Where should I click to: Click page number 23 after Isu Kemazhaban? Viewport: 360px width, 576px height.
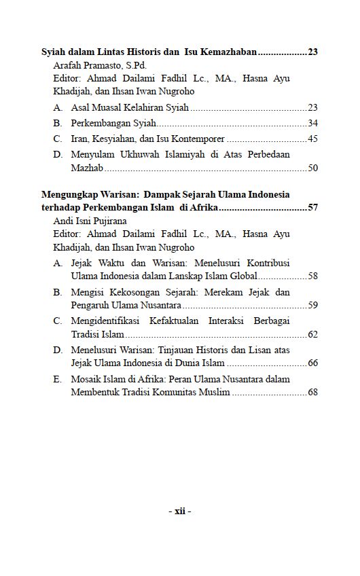click(312, 52)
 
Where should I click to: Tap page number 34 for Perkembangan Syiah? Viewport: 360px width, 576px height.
click(312, 123)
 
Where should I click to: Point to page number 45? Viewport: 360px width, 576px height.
click(312, 139)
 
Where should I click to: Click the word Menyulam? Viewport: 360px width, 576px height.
click(91, 154)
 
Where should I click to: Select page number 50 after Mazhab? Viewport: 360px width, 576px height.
click(312, 167)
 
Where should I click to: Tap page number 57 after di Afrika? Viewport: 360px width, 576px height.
click(312, 207)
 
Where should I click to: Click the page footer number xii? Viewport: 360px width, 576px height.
click(180, 511)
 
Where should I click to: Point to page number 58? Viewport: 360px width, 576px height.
click(312, 276)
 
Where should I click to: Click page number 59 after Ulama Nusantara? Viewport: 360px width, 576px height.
click(312, 305)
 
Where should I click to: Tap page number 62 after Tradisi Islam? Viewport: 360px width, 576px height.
click(312, 334)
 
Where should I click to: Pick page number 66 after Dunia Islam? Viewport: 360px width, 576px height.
click(312, 363)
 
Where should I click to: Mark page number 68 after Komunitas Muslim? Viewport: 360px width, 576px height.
click(312, 392)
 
